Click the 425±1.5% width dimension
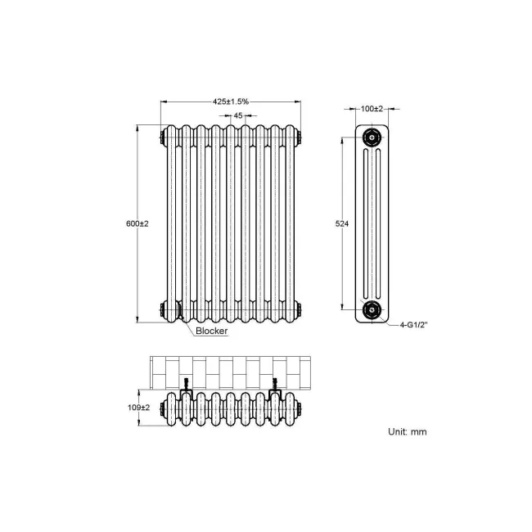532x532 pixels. [231, 101]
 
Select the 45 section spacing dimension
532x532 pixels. [238, 116]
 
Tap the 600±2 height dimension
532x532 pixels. [137, 223]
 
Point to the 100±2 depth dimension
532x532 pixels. [373, 108]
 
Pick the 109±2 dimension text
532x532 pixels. [139, 407]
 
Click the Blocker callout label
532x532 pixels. [211, 332]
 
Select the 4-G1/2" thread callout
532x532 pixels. [415, 325]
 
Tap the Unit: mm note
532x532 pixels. [407, 431]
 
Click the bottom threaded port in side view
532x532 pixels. [373, 309]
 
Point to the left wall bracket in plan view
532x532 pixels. [187, 384]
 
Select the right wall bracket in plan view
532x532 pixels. [277, 384]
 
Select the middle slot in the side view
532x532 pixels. [373, 223]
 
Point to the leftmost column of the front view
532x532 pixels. [174, 223]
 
